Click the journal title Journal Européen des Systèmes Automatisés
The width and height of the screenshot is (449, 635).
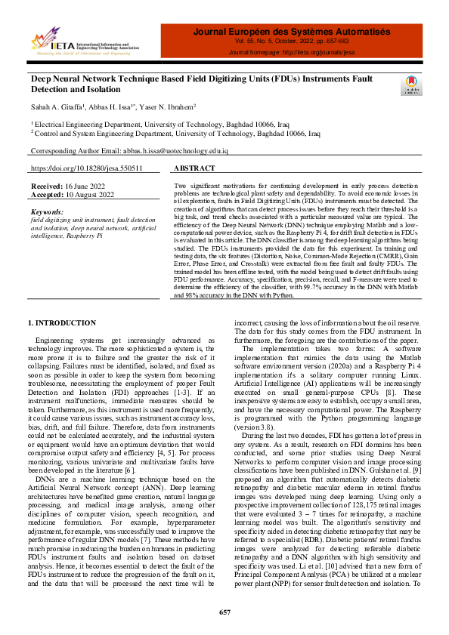[292, 32]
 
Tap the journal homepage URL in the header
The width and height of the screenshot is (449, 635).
[292, 53]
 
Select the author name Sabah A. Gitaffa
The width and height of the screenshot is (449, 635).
[56, 107]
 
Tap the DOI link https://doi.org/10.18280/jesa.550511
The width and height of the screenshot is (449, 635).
[86, 169]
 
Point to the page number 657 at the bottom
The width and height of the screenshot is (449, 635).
[224, 612]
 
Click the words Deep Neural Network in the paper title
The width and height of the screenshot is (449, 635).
[73, 79]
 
